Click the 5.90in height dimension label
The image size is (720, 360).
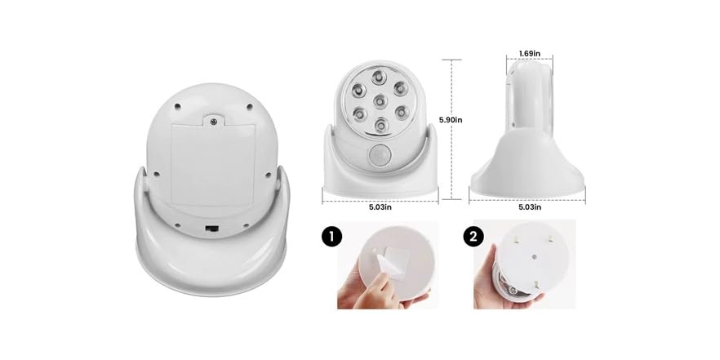tap(451, 119)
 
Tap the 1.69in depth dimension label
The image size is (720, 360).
tap(530, 55)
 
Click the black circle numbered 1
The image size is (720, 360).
tap(331, 238)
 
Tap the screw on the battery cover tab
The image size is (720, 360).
tap(213, 122)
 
